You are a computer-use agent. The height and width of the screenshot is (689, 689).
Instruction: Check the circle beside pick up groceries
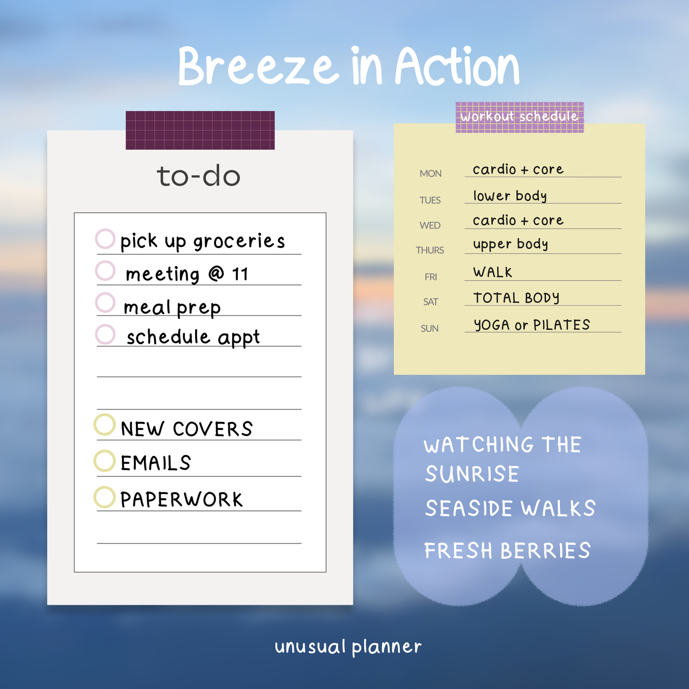(x=105, y=239)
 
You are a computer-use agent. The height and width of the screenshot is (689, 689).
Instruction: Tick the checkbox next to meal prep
(x=105, y=302)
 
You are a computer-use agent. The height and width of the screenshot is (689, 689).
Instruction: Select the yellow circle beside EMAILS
(x=104, y=461)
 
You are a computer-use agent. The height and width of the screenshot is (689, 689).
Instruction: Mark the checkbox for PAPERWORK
(x=104, y=497)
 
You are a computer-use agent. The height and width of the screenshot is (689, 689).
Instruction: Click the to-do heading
(x=198, y=176)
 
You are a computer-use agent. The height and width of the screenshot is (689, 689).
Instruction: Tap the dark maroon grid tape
(x=200, y=130)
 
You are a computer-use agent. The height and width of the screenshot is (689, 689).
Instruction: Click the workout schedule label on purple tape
(x=519, y=117)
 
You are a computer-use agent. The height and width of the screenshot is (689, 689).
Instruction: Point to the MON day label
(x=431, y=174)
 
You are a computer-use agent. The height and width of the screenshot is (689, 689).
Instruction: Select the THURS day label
(x=430, y=250)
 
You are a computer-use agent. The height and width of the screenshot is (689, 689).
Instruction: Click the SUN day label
(x=430, y=329)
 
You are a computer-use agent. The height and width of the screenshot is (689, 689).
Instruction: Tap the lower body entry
(x=510, y=196)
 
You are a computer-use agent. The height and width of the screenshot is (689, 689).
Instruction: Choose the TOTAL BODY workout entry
(x=516, y=298)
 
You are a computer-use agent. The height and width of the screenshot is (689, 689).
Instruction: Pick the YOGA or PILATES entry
(x=532, y=325)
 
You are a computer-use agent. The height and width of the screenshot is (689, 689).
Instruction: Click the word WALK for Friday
(x=493, y=272)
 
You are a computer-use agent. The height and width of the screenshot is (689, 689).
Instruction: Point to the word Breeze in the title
(x=257, y=66)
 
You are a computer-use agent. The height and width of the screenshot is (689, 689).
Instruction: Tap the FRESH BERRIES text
(x=507, y=551)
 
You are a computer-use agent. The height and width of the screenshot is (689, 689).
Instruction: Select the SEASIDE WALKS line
(x=510, y=508)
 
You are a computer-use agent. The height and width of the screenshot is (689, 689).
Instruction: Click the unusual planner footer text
(x=348, y=647)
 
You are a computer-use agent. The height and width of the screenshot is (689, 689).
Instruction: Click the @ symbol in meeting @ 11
(x=216, y=274)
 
